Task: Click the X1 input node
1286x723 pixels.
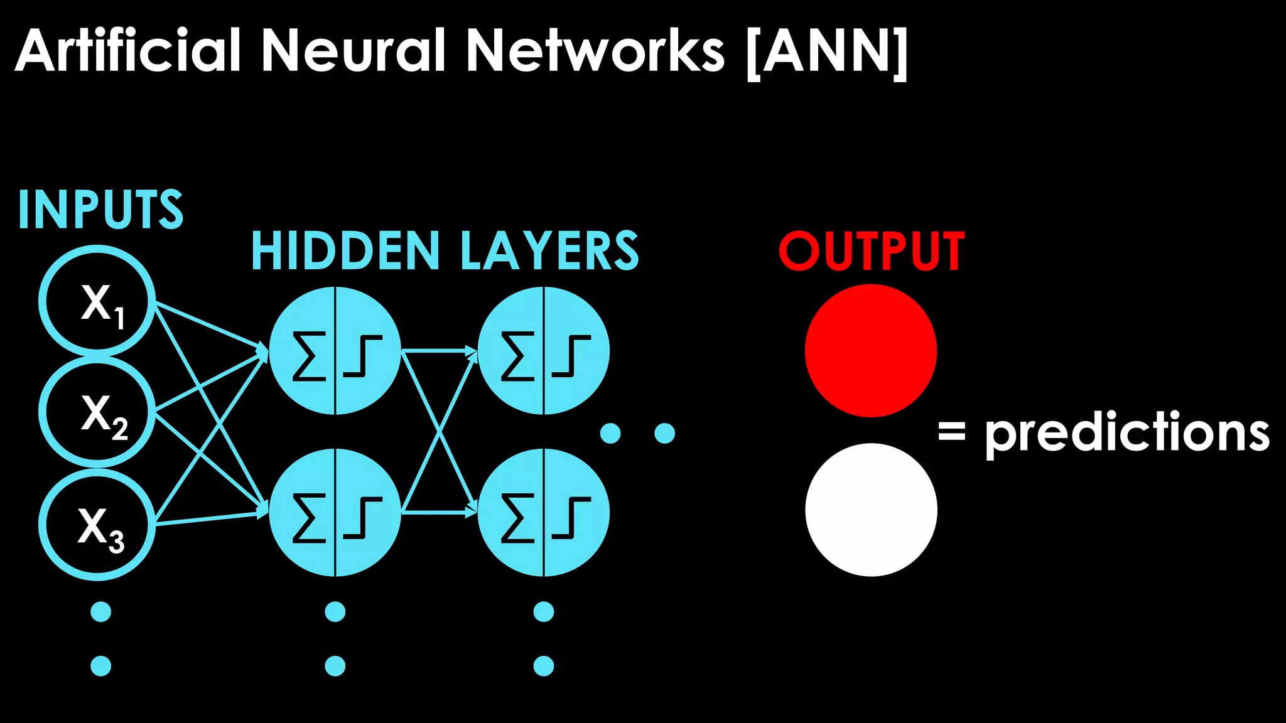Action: (x=97, y=302)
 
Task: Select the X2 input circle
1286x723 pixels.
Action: (x=97, y=412)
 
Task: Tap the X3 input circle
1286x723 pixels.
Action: (x=97, y=525)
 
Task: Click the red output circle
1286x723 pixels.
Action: (x=871, y=350)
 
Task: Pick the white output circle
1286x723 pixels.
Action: (x=871, y=510)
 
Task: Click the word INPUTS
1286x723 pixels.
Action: (x=100, y=210)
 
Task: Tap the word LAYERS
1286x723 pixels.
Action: (x=549, y=251)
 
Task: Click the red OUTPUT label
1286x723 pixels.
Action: (x=872, y=251)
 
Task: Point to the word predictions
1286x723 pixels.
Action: (x=1127, y=433)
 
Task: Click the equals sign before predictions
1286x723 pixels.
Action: (x=951, y=432)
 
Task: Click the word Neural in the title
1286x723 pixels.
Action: (x=352, y=50)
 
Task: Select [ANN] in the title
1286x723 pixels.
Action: (x=827, y=51)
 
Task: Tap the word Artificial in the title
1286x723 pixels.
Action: (x=128, y=50)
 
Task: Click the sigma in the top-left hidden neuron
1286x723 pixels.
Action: (x=309, y=356)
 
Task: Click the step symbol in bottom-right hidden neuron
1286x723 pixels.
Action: (x=571, y=518)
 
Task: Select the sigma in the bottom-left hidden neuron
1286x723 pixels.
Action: (x=309, y=518)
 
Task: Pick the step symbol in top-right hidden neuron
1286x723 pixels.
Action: (x=571, y=356)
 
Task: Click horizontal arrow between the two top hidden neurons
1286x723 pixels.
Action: (x=438, y=351)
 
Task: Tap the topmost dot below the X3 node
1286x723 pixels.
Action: (x=100, y=611)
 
